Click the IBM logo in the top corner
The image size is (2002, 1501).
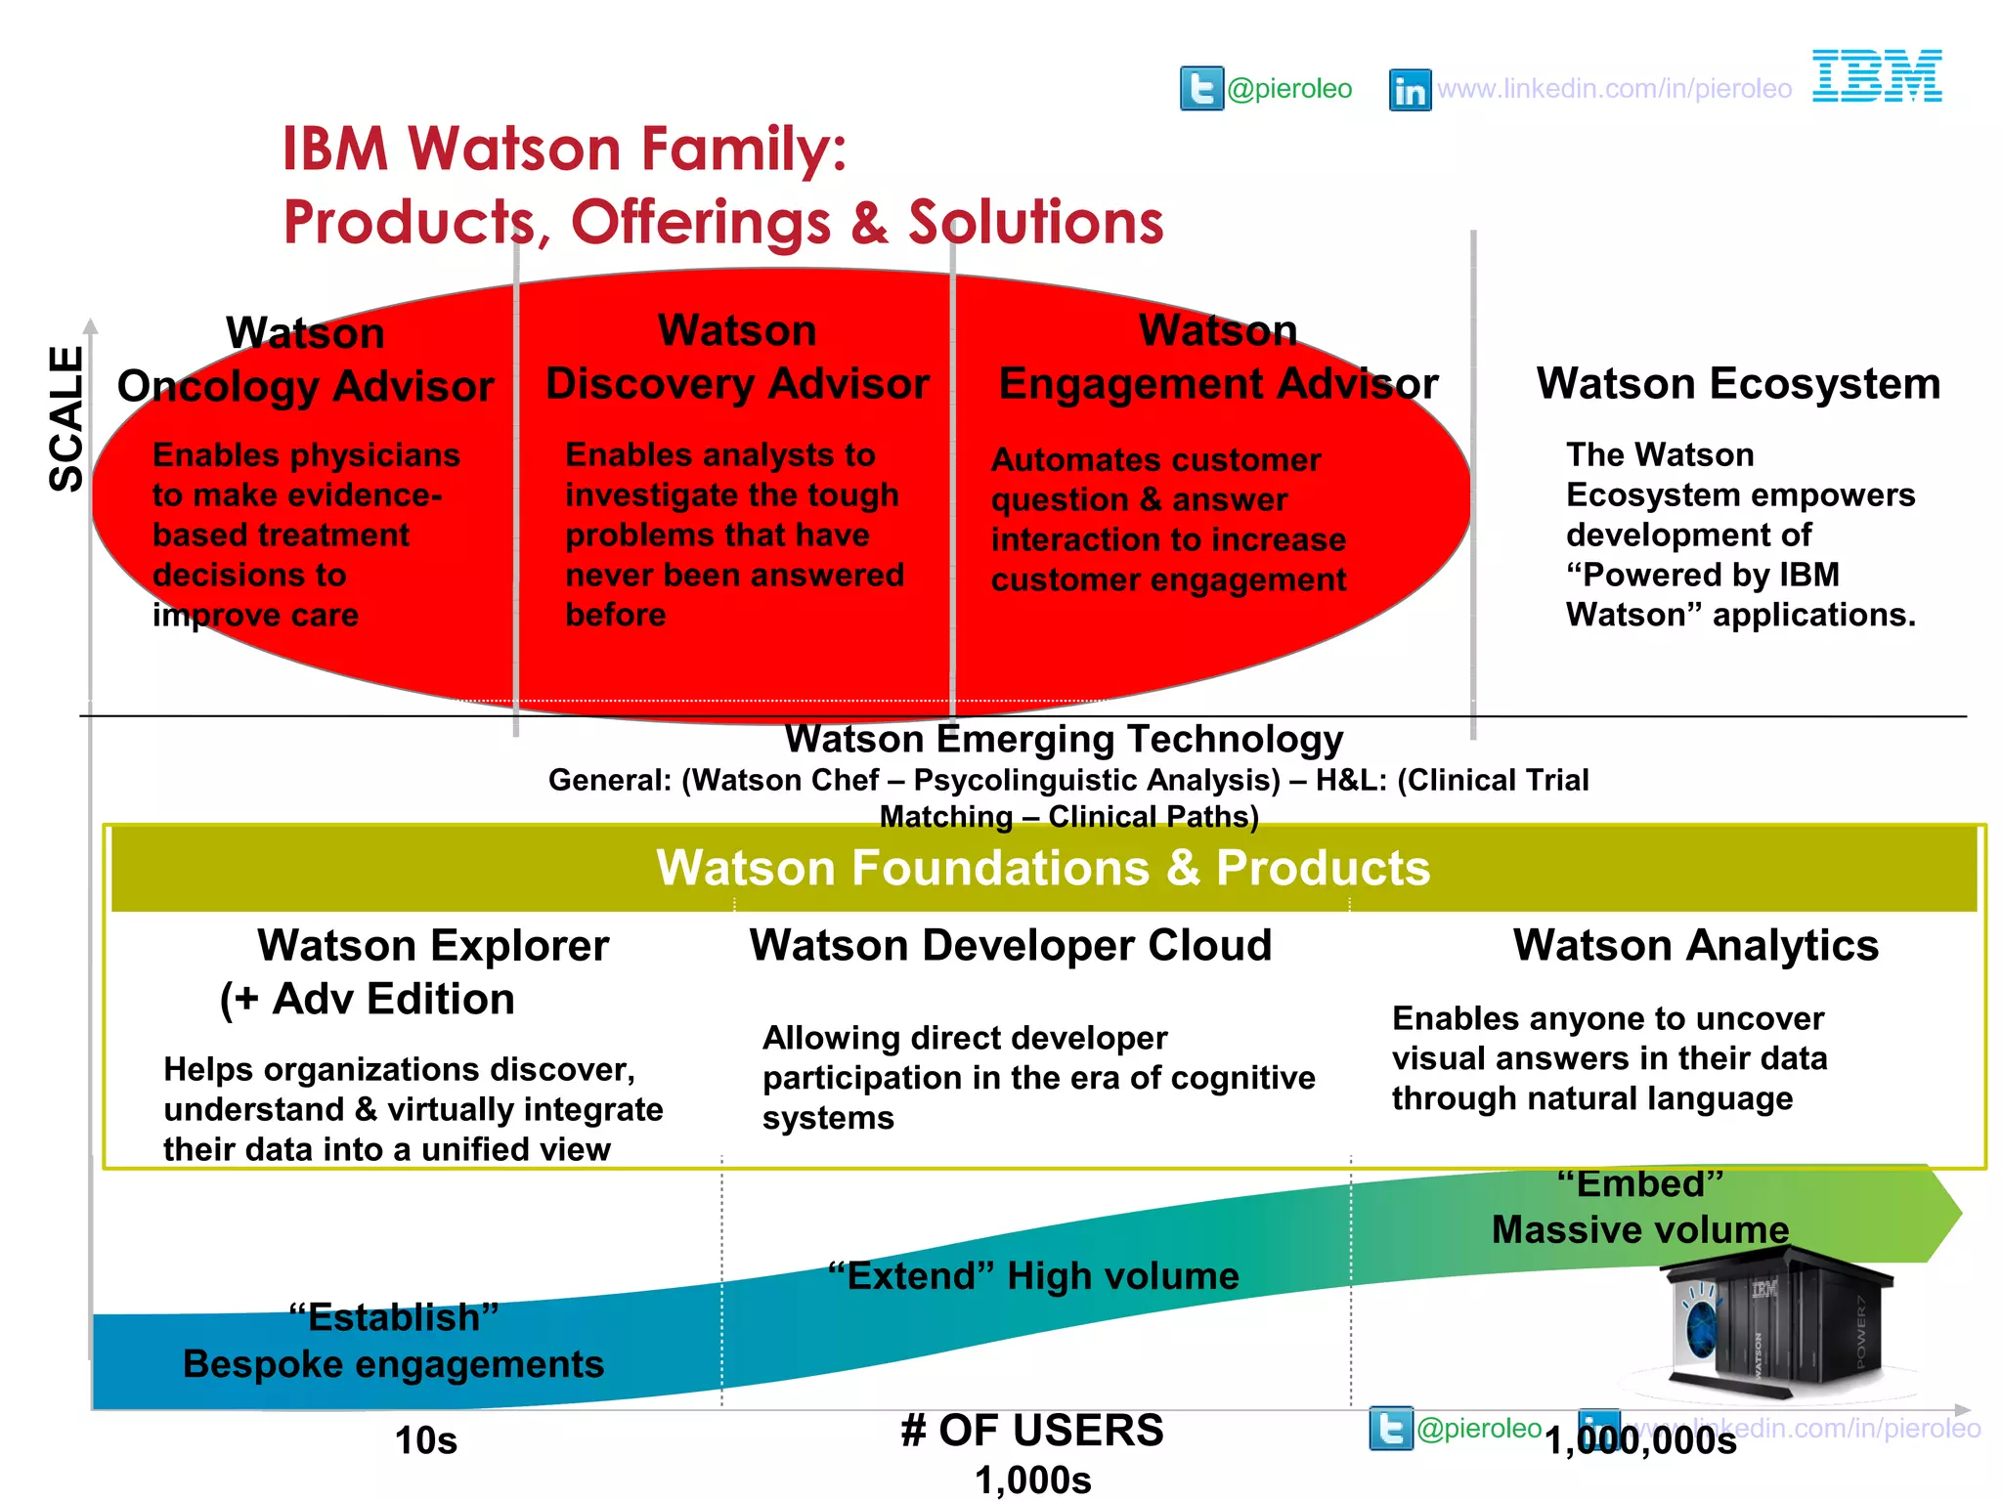pyautogui.click(x=1876, y=76)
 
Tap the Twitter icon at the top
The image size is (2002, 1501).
pyautogui.click(x=1201, y=89)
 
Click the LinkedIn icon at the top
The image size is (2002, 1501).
pyautogui.click(x=1410, y=90)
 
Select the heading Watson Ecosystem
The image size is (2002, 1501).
pyautogui.click(x=1738, y=383)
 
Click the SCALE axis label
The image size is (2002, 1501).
pyautogui.click(x=67, y=419)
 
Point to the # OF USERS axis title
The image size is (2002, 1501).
pyautogui.click(x=1032, y=1431)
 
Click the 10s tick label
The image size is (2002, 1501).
pyautogui.click(x=426, y=1440)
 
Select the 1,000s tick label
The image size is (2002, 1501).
pyautogui.click(x=1032, y=1480)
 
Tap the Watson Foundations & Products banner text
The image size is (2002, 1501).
pyautogui.click(x=1043, y=868)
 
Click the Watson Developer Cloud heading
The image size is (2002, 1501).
pyautogui.click(x=1011, y=945)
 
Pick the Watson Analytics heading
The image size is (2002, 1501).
pyautogui.click(x=1696, y=945)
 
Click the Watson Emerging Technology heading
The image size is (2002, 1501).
pyautogui.click(x=1064, y=740)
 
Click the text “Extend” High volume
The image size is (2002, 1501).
pyautogui.click(x=1033, y=1276)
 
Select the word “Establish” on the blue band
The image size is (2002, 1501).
pyautogui.click(x=394, y=1317)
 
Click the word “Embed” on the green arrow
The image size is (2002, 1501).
pyautogui.click(x=1639, y=1184)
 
